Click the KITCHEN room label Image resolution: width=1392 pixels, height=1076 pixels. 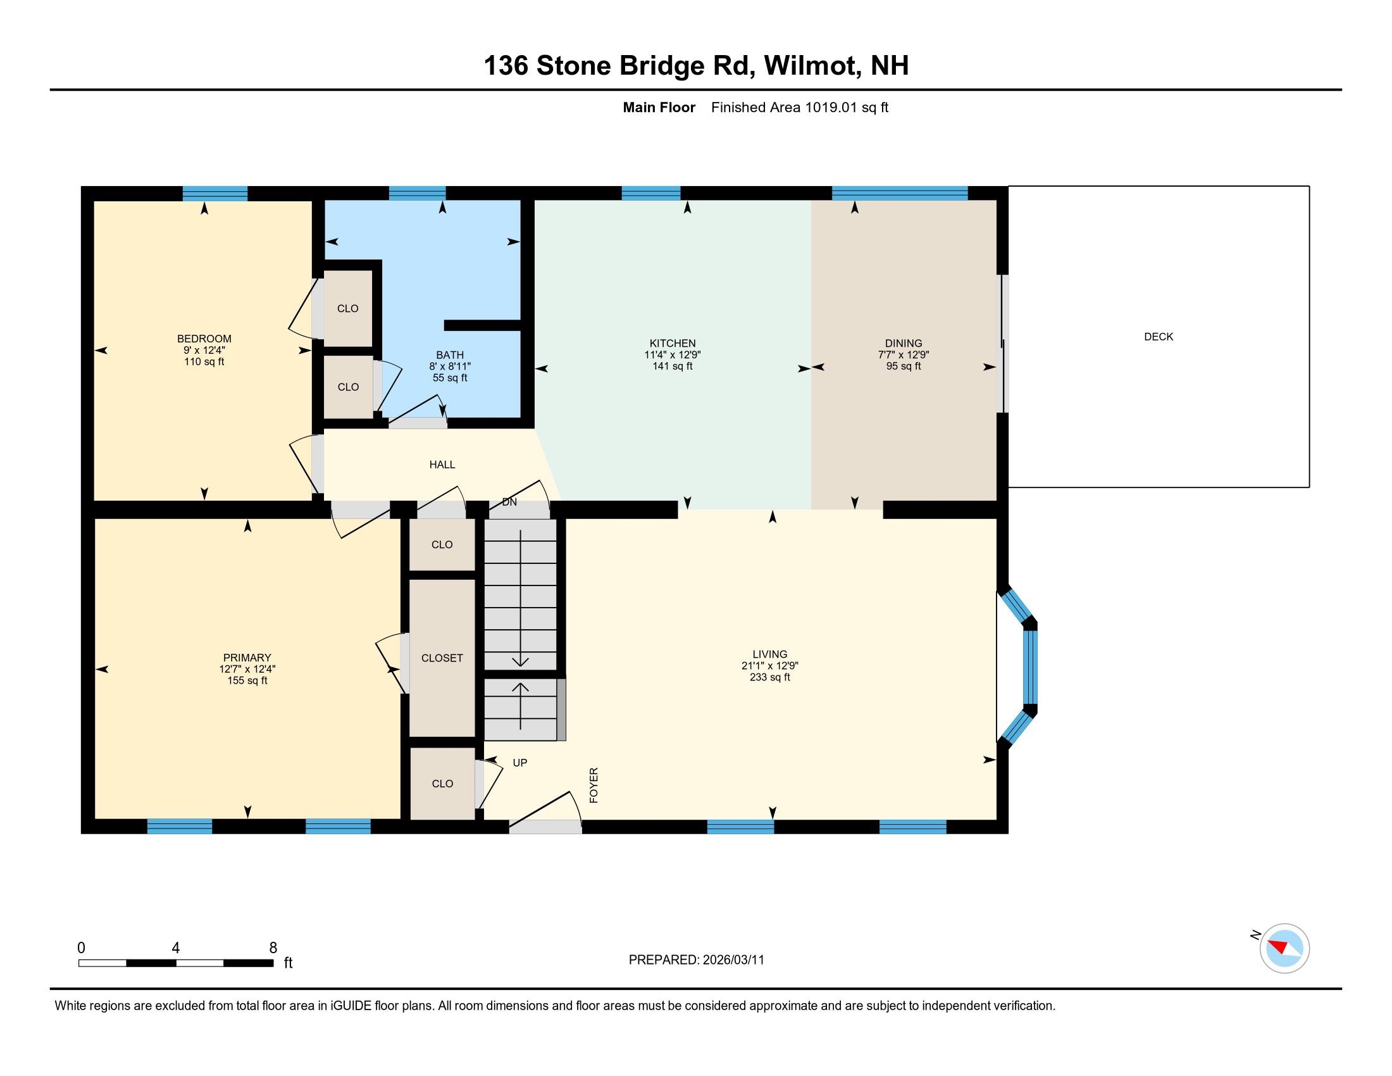(x=673, y=343)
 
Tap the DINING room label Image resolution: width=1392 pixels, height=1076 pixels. (x=903, y=343)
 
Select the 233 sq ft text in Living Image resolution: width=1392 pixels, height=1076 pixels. (x=769, y=677)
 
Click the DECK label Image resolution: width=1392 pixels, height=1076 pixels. (x=1158, y=337)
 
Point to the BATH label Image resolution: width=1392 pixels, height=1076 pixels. (x=449, y=355)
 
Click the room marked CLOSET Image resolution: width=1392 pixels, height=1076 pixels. (x=442, y=658)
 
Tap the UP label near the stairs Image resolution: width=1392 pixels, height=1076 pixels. (x=519, y=763)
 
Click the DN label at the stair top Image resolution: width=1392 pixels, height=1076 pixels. (x=509, y=503)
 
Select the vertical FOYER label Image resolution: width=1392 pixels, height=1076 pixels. (x=593, y=785)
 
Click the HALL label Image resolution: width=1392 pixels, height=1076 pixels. (x=442, y=465)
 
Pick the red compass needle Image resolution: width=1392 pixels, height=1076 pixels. (x=1278, y=946)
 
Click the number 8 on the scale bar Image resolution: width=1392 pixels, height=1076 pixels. (x=273, y=948)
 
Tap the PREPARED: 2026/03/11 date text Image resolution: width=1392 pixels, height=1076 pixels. (x=696, y=960)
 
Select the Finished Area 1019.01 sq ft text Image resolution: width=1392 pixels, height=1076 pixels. (x=799, y=107)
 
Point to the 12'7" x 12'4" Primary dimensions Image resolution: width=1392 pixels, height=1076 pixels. (x=247, y=669)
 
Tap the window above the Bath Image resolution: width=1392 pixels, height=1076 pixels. (x=417, y=192)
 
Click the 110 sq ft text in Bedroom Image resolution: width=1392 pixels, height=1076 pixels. (x=204, y=361)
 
